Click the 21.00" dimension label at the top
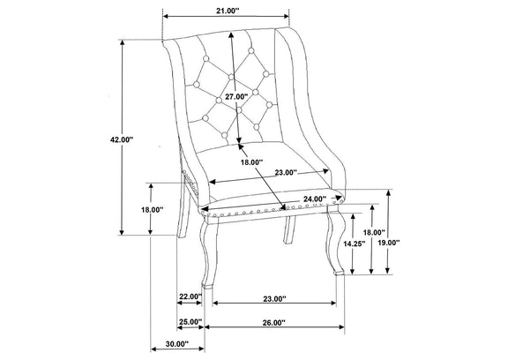click(228, 11)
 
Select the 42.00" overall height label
click(122, 139)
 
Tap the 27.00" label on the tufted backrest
click(236, 96)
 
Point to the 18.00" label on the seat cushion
click(251, 162)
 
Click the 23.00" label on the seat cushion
click(286, 172)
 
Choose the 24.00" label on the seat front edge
click(315, 199)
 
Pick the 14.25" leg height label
click(355, 244)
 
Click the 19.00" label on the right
click(389, 243)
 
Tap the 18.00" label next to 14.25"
click(374, 232)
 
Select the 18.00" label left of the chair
click(152, 210)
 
